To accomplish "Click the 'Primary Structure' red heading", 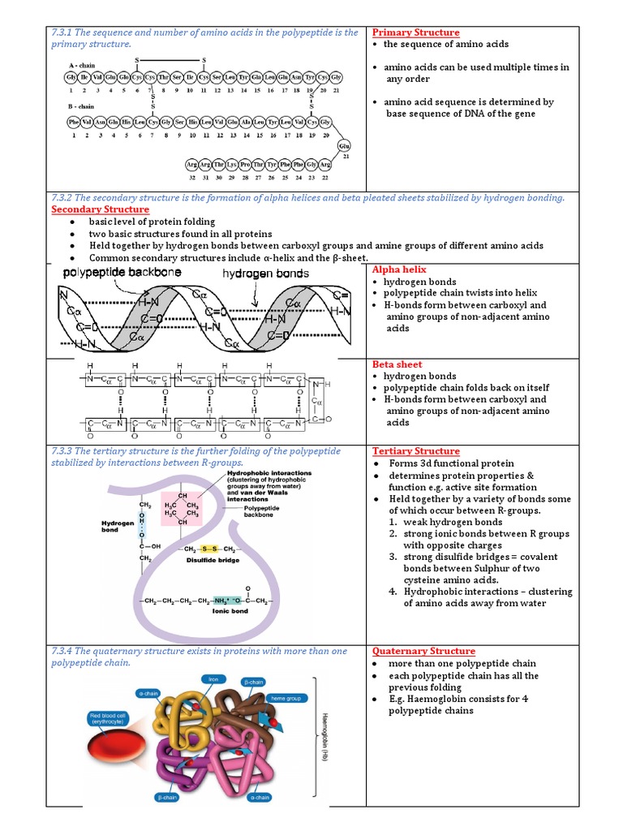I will (415, 32).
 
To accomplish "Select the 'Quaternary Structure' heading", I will (423, 651).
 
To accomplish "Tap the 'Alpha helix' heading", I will (399, 269).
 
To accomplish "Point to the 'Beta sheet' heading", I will (397, 364).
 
